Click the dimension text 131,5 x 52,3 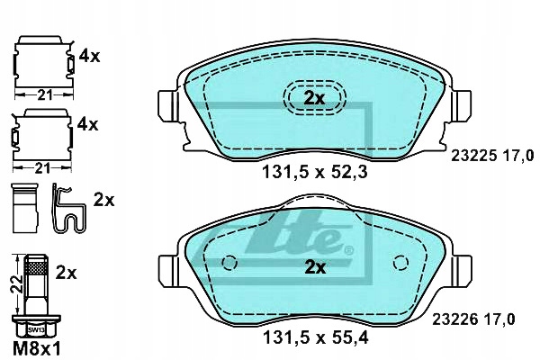(315, 172)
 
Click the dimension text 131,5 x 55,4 (316, 337)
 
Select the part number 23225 (474, 156)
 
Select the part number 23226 (454, 319)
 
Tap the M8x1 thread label (37, 349)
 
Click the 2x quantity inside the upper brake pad (314, 99)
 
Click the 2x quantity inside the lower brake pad (315, 267)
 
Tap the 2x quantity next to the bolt (66, 274)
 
